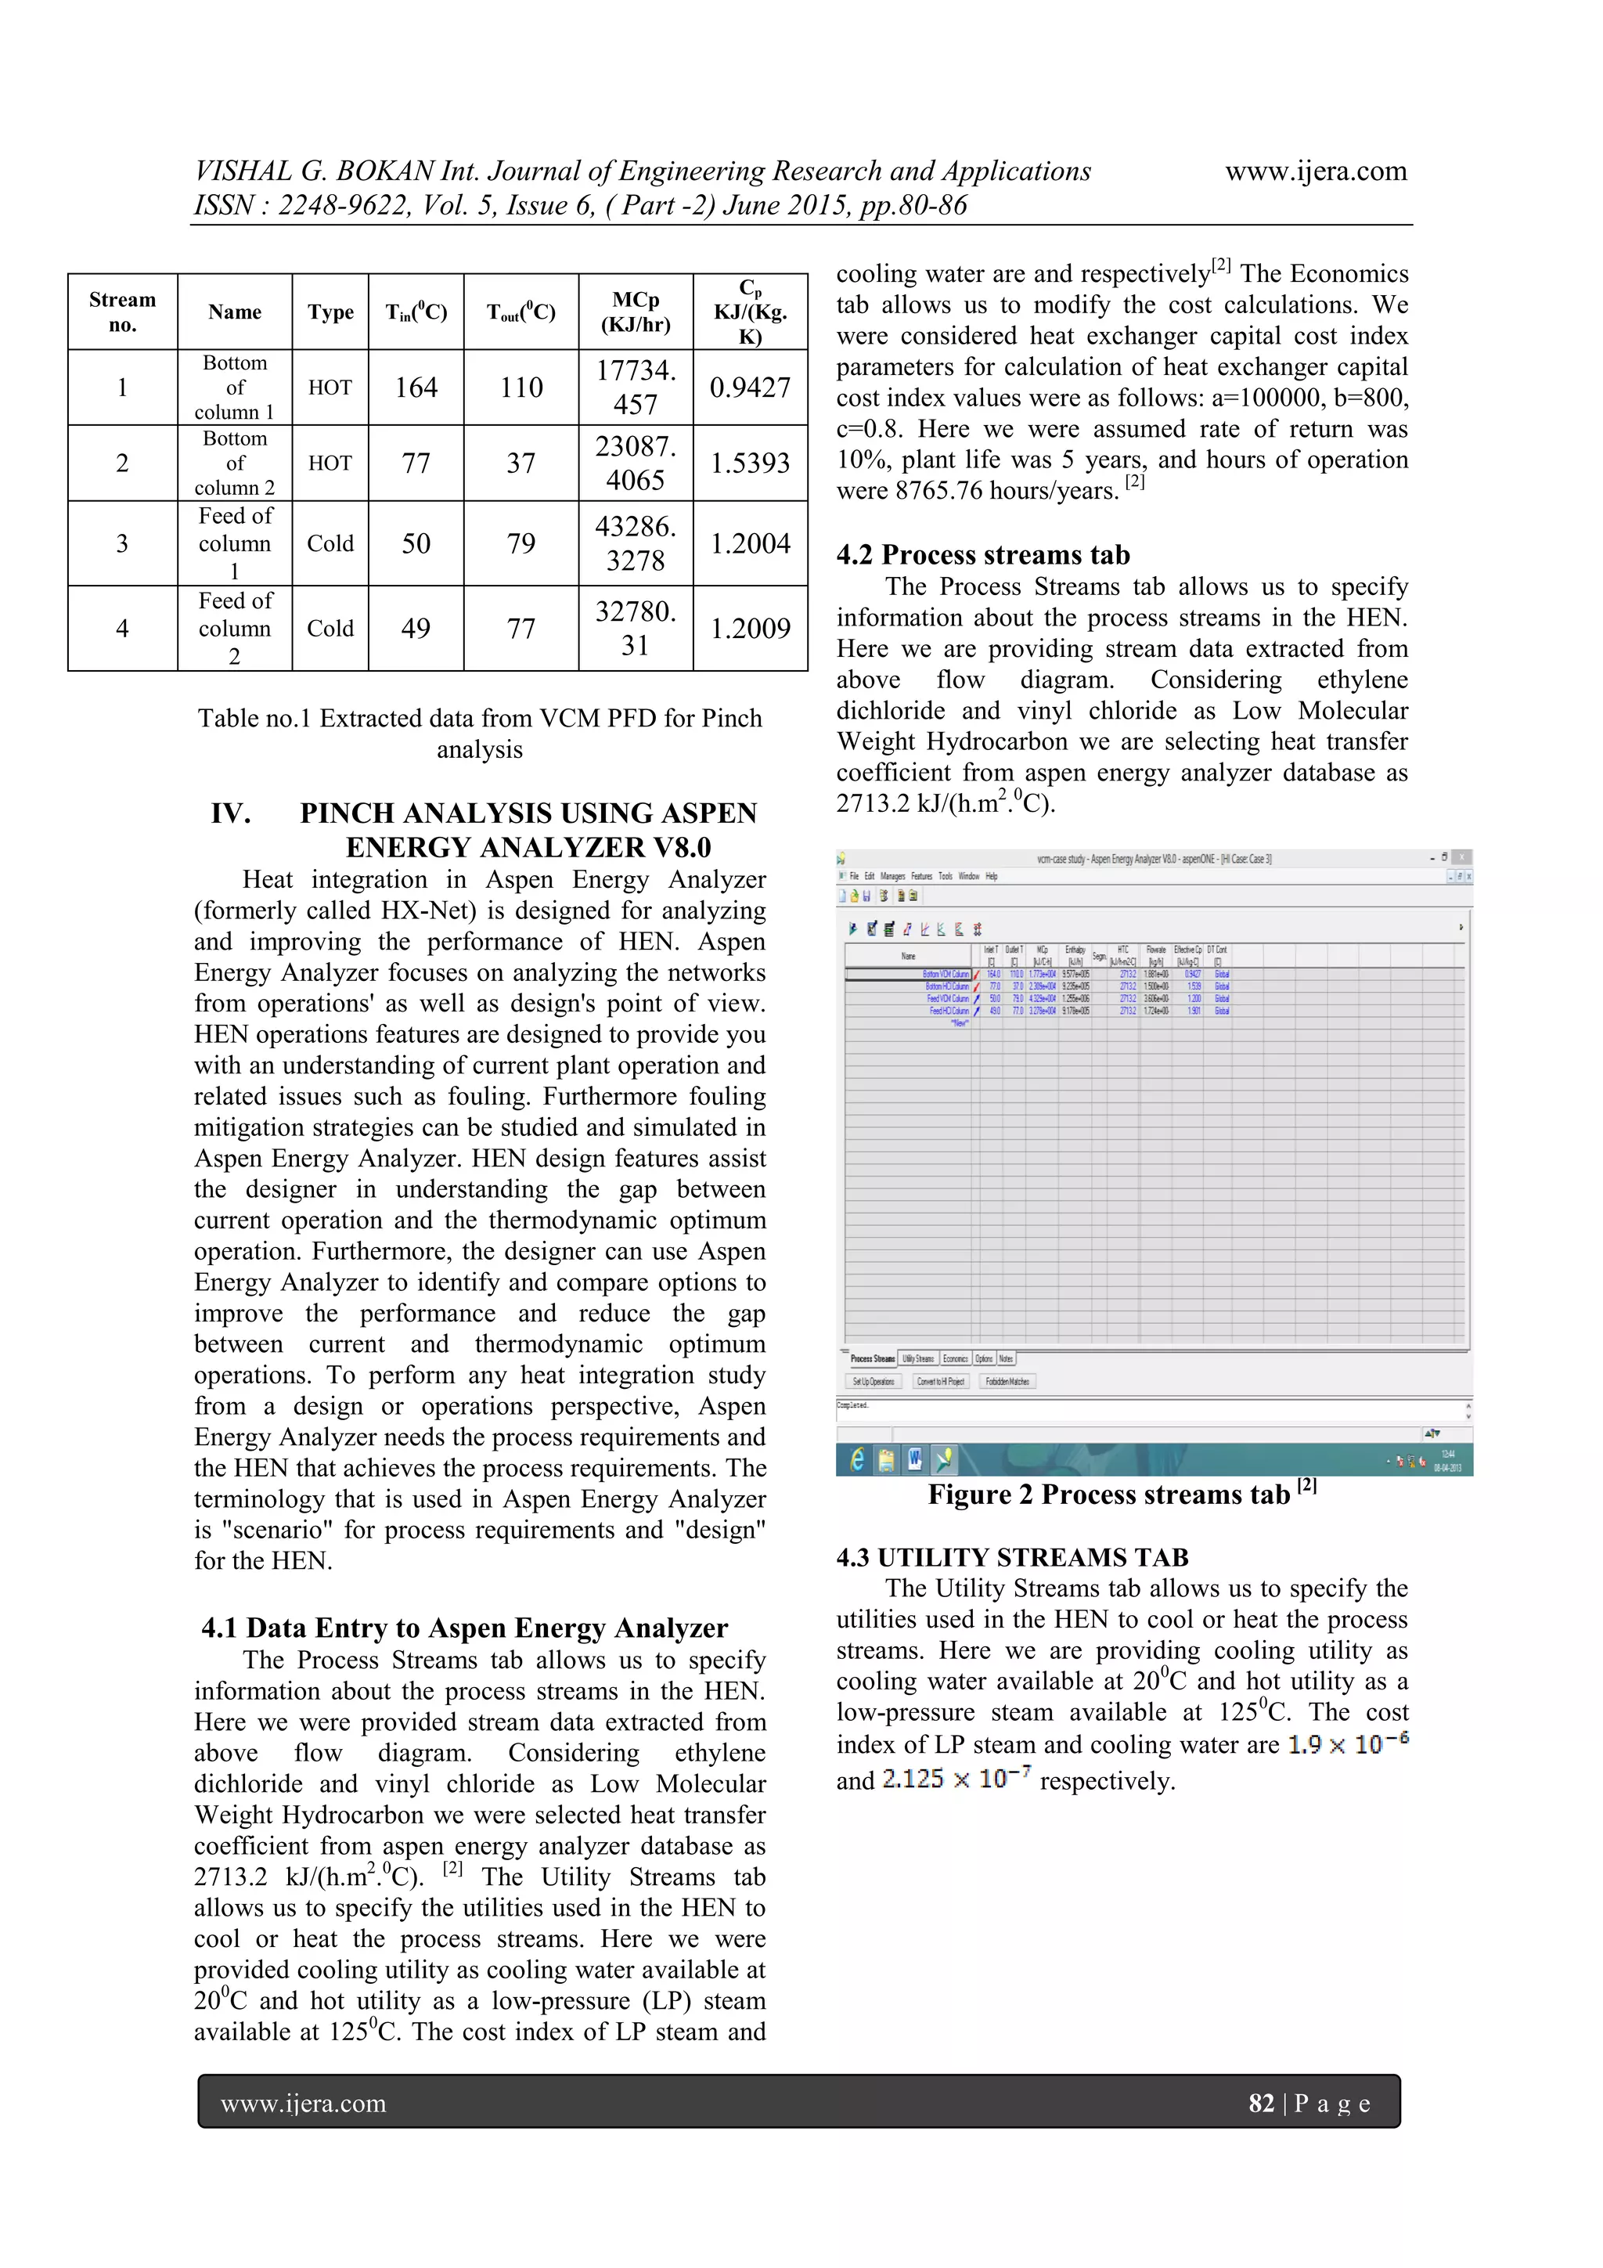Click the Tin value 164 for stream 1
pos(416,388)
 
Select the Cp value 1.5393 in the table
pos(750,463)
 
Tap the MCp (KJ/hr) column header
pos(635,312)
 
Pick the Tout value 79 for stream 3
pos(521,543)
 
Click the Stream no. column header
pos(122,312)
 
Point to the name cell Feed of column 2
pos(234,628)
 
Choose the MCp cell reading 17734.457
pos(635,388)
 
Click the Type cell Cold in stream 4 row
pos(330,628)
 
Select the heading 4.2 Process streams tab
pos(983,555)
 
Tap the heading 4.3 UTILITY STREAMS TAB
pos(1011,1558)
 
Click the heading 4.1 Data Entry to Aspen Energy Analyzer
pos(464,1628)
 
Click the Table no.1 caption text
pos(479,732)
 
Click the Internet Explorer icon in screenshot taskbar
pos(857,1459)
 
